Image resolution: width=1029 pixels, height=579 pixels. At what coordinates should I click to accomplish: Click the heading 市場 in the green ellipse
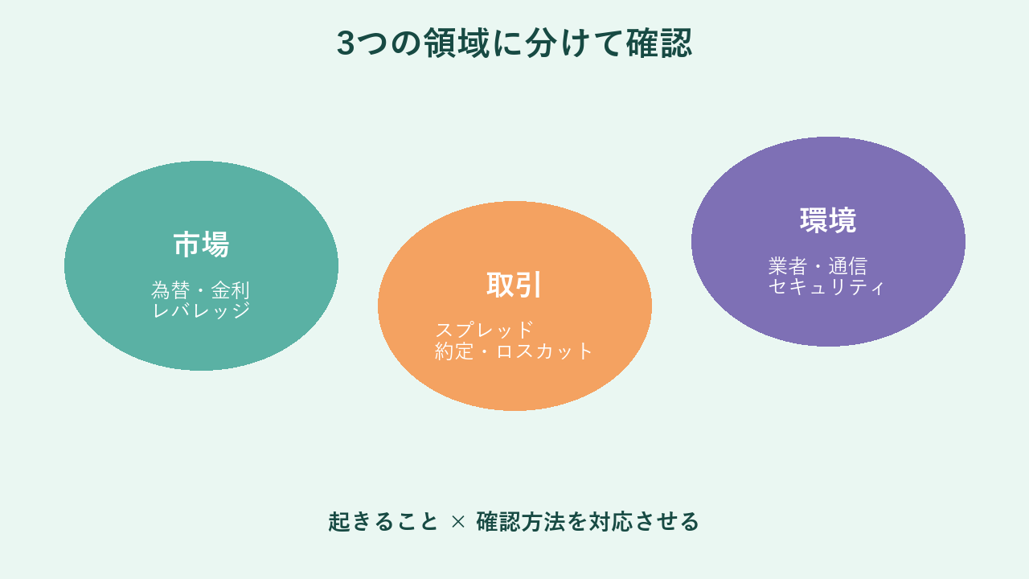pos(201,244)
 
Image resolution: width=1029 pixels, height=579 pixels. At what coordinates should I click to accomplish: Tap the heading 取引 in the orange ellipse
pos(514,285)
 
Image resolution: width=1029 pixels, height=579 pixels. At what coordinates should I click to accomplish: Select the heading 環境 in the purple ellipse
pos(828,220)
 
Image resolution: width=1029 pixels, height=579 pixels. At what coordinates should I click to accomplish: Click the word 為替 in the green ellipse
pos(170,290)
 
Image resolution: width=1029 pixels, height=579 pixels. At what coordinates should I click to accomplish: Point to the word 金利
pos(230,290)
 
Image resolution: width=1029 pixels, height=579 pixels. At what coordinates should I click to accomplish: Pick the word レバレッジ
pos(201,310)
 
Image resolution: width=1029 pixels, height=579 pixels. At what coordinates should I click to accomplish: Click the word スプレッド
pos(484,330)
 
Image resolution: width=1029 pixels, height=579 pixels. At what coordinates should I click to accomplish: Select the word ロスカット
pos(544,351)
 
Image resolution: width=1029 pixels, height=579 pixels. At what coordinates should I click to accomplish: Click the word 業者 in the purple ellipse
pos(787,266)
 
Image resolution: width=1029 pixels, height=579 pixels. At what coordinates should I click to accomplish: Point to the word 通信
pos(847,266)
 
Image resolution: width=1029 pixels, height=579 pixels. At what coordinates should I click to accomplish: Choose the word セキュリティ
pos(826,286)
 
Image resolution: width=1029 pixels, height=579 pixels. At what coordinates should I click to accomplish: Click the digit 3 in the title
pos(346,43)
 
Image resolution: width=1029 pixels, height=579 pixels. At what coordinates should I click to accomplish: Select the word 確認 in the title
pos(659,43)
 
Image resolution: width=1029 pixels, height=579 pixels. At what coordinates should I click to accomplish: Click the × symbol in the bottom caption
pos(458,522)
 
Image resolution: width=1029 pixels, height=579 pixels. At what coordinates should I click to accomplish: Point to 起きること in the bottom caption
pos(383,522)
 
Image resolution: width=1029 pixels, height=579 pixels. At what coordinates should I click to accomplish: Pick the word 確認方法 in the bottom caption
pos(520,522)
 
